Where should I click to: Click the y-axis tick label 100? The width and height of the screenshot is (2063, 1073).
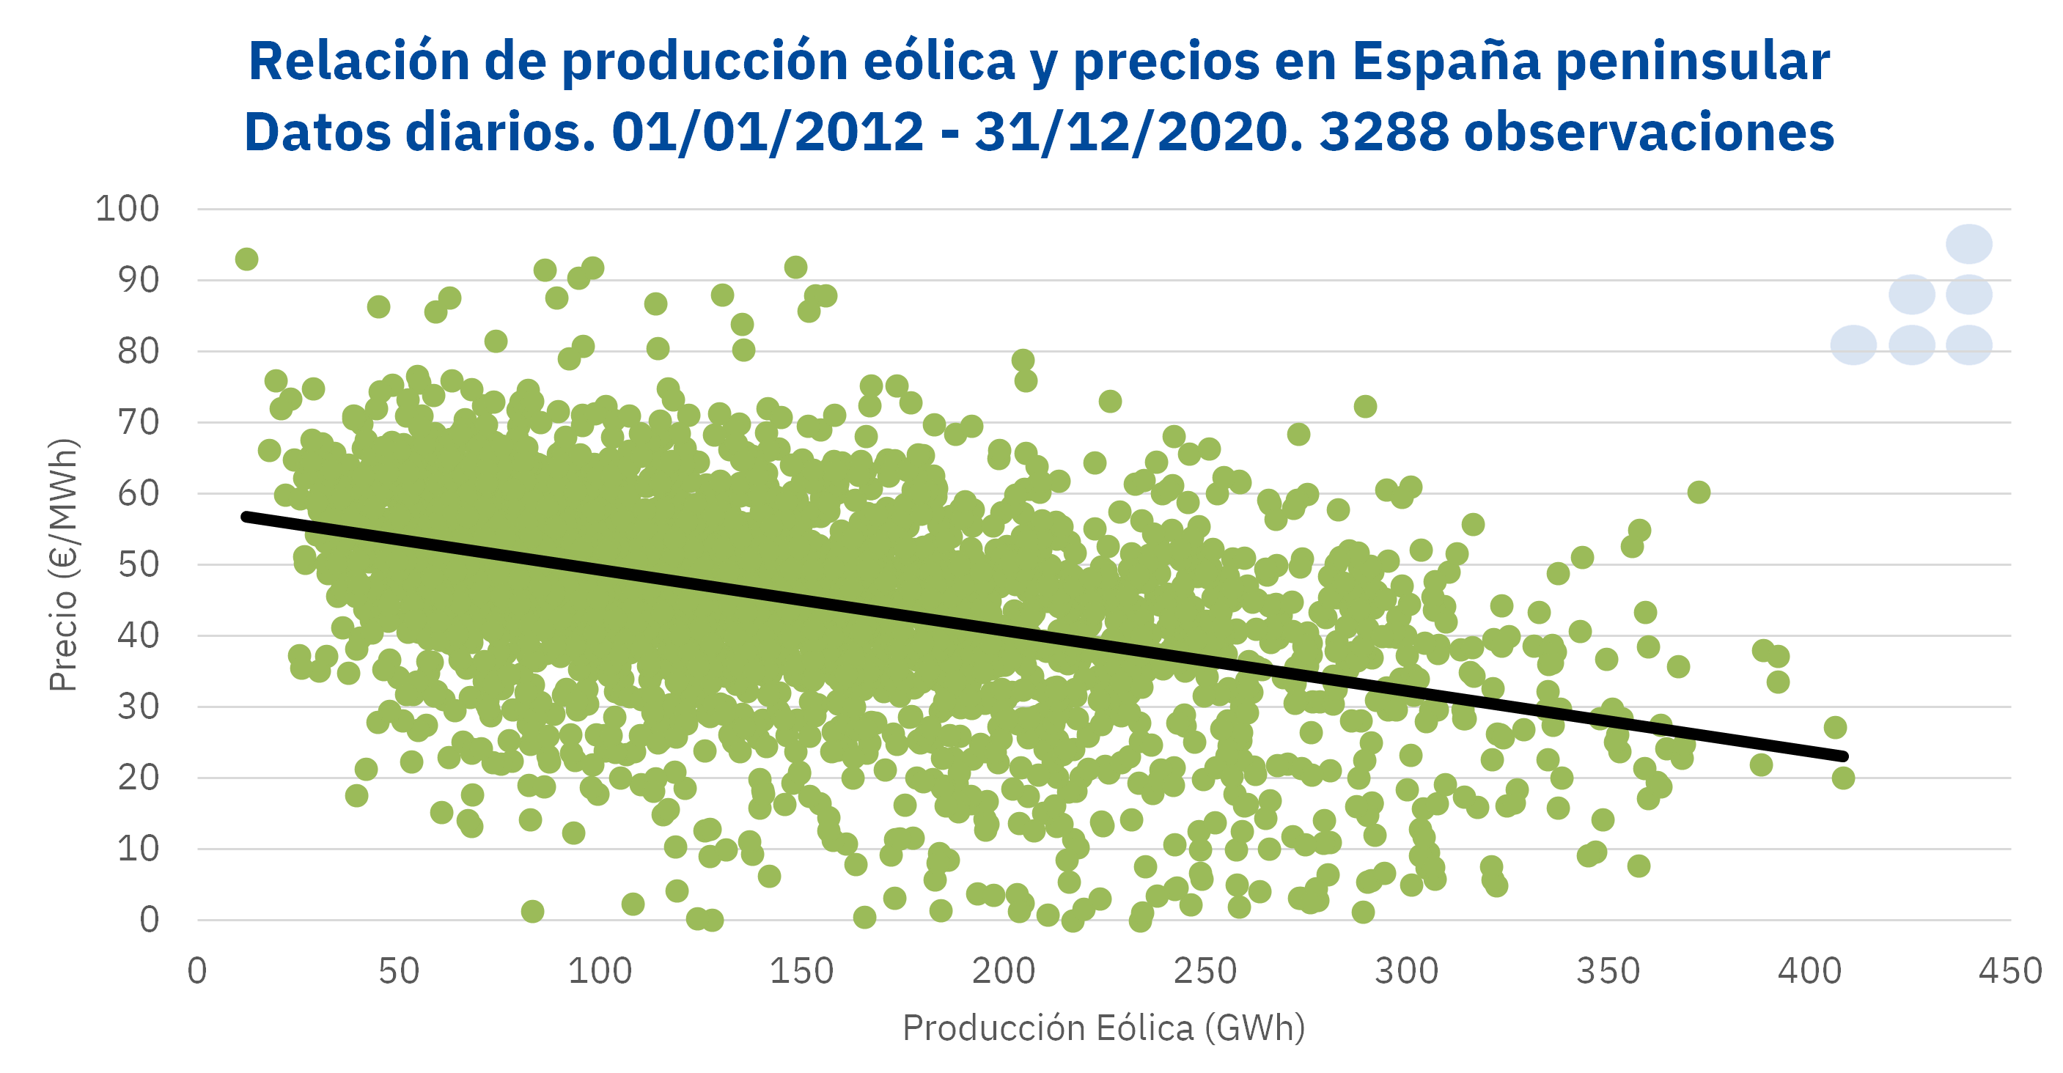(128, 209)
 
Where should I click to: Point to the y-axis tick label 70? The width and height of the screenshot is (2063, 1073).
(138, 422)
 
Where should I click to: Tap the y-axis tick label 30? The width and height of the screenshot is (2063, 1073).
(138, 707)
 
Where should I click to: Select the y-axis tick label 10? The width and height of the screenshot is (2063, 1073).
(138, 849)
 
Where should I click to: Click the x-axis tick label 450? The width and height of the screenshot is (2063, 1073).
(2010, 971)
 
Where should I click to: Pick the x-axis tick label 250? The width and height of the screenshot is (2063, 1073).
(1205, 971)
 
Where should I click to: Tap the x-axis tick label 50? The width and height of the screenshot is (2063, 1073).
(399, 971)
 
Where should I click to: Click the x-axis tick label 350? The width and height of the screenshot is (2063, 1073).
(1608, 971)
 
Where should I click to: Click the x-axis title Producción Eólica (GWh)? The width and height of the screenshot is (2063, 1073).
(1103, 1028)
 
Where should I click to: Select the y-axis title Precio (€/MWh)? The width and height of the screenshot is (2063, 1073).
(63, 564)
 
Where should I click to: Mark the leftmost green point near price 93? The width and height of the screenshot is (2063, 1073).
(246, 259)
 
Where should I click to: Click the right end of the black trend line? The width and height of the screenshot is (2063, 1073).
(1844, 756)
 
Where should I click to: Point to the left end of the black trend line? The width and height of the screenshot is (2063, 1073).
(246, 517)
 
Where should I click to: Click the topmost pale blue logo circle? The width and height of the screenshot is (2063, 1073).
(1969, 244)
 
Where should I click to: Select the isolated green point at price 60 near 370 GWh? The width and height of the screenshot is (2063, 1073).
(1699, 493)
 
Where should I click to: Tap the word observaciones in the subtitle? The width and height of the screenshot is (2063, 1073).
(1649, 132)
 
